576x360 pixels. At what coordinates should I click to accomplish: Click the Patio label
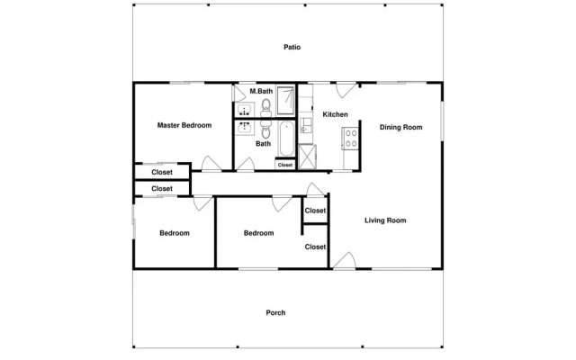coord(292,47)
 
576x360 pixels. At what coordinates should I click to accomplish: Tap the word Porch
coord(275,312)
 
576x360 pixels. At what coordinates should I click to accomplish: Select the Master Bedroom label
coord(184,125)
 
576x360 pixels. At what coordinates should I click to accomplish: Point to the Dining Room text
coord(400,127)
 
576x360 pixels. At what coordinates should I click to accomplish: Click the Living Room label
coord(385,220)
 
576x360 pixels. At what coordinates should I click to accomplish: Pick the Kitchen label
coord(335,114)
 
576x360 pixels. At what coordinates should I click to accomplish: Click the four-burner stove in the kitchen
coord(350,139)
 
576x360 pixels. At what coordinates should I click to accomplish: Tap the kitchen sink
coord(305,125)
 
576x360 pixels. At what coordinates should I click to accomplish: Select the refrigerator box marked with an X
coord(308,157)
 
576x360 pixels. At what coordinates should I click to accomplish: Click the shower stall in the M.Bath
coord(285,100)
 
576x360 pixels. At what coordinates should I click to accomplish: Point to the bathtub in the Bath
coord(286,139)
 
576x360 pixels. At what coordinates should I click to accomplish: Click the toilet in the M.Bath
coord(266,106)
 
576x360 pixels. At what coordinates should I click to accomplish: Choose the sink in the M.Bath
coord(244,110)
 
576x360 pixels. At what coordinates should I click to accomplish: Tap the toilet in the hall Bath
coord(266,130)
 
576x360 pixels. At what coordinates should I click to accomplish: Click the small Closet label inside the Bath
coord(285,165)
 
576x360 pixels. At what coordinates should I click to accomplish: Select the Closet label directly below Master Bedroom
coord(162,172)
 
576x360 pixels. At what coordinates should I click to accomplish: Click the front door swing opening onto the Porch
coord(345,260)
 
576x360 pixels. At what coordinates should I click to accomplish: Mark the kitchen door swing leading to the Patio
coord(346,90)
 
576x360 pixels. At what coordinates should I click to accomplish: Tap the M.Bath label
coord(261,91)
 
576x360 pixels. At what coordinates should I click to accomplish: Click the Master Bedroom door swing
coord(211,164)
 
